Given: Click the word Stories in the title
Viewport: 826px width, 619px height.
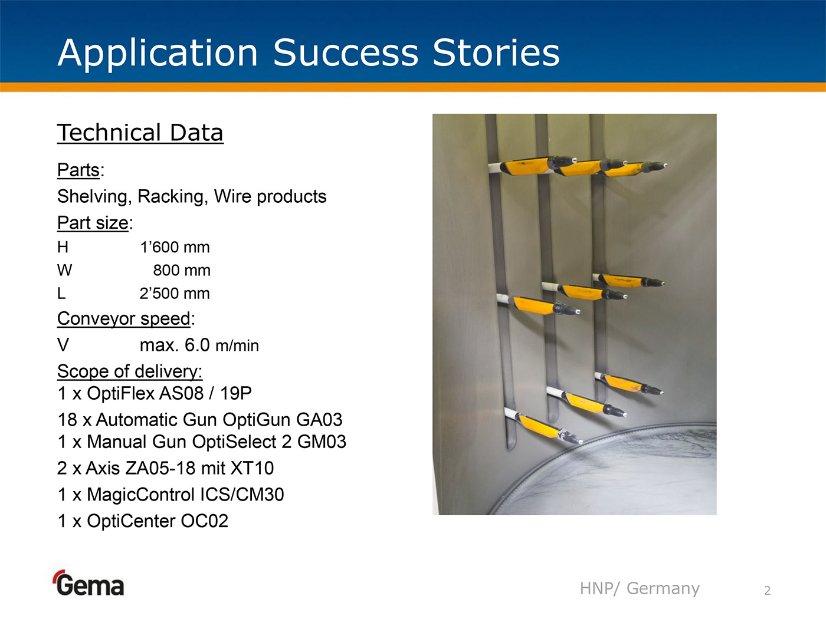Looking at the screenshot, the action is [x=496, y=53].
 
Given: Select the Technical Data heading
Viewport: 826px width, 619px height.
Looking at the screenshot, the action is [x=140, y=133].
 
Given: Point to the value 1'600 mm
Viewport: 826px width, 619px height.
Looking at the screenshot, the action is [x=175, y=247].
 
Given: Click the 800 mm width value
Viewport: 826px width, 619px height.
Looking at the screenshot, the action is [x=182, y=271].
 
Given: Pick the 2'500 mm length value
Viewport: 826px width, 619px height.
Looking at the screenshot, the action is [x=175, y=294].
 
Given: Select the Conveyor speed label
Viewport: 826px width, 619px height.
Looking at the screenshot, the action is [x=124, y=319].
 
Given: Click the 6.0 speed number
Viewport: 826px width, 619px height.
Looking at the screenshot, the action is [x=197, y=345].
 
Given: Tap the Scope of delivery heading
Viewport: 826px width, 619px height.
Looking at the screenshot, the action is [x=130, y=372].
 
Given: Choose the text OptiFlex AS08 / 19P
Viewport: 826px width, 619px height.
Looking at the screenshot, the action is [x=169, y=394].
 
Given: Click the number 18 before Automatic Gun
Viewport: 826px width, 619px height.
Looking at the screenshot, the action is [x=67, y=420].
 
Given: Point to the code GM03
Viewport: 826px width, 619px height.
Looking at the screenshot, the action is [x=322, y=442].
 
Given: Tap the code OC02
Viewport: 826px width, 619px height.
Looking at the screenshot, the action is [x=204, y=521].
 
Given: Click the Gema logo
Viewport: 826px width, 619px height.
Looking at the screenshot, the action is [x=89, y=583].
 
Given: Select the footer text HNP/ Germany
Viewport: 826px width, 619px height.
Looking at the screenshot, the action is [x=640, y=588].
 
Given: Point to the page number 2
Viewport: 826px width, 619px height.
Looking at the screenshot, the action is [x=768, y=591].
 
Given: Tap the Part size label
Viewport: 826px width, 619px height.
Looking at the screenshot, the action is [x=93, y=223].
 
